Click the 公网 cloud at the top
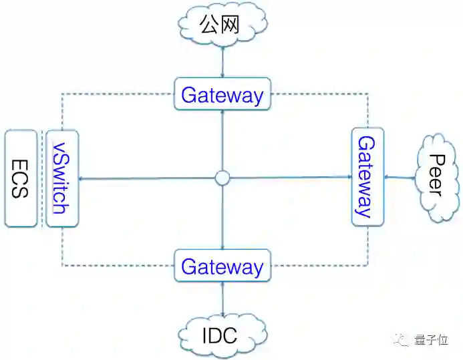[223, 25]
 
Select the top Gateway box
[222, 95]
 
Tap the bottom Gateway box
[222, 266]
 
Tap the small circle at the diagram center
[222, 178]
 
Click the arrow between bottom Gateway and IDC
[222, 299]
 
